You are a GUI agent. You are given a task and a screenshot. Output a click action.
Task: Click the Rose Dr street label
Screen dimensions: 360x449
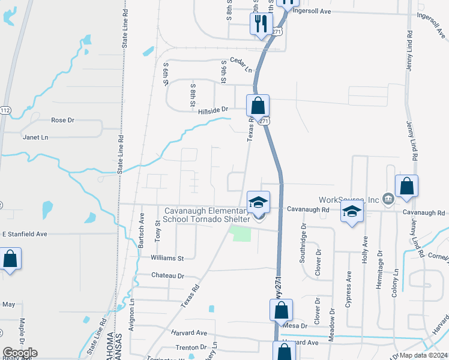pos(62,120)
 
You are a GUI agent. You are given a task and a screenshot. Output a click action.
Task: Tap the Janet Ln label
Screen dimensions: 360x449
pos(35,137)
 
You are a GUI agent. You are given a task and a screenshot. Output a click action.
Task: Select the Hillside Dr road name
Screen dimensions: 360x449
pos(214,110)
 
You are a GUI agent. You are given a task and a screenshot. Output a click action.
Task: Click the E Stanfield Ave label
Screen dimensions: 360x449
pos(25,233)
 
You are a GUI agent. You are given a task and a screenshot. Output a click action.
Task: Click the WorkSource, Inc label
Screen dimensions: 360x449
pos(349,199)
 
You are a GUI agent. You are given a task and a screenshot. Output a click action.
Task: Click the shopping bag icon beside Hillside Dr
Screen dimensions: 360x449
pos(258,106)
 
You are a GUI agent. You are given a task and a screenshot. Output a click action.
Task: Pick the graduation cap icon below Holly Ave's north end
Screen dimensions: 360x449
pos(352,211)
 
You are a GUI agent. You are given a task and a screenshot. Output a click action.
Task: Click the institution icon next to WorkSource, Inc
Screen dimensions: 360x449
pos(388,199)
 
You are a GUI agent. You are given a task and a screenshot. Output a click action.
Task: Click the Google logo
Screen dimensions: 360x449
pos(19,353)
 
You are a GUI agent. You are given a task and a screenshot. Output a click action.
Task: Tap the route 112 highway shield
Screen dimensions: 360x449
pos(5,110)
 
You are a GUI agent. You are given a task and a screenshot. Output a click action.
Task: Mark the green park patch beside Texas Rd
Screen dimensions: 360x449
pos(241,233)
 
